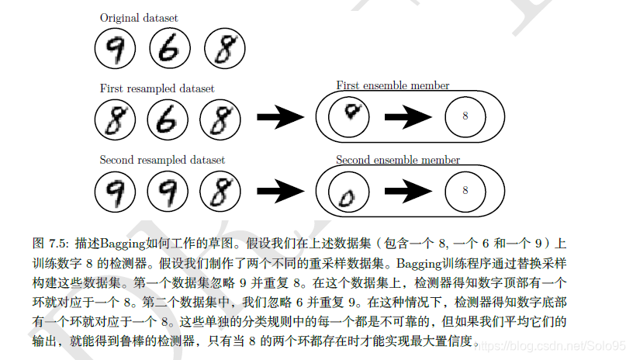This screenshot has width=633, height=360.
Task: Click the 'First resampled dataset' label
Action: [157, 88]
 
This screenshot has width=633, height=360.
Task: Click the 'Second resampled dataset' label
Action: [162, 160]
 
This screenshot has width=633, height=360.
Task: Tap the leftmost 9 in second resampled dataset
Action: [114, 191]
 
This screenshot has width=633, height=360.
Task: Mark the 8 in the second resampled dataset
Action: [220, 191]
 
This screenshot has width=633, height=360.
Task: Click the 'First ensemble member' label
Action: [393, 85]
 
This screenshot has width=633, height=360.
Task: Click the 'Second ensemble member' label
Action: [397, 160]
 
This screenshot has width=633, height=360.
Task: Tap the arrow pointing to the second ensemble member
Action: [281, 191]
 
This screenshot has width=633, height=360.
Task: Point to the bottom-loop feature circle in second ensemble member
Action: [348, 192]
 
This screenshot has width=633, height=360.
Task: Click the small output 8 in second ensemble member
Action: [465, 190]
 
